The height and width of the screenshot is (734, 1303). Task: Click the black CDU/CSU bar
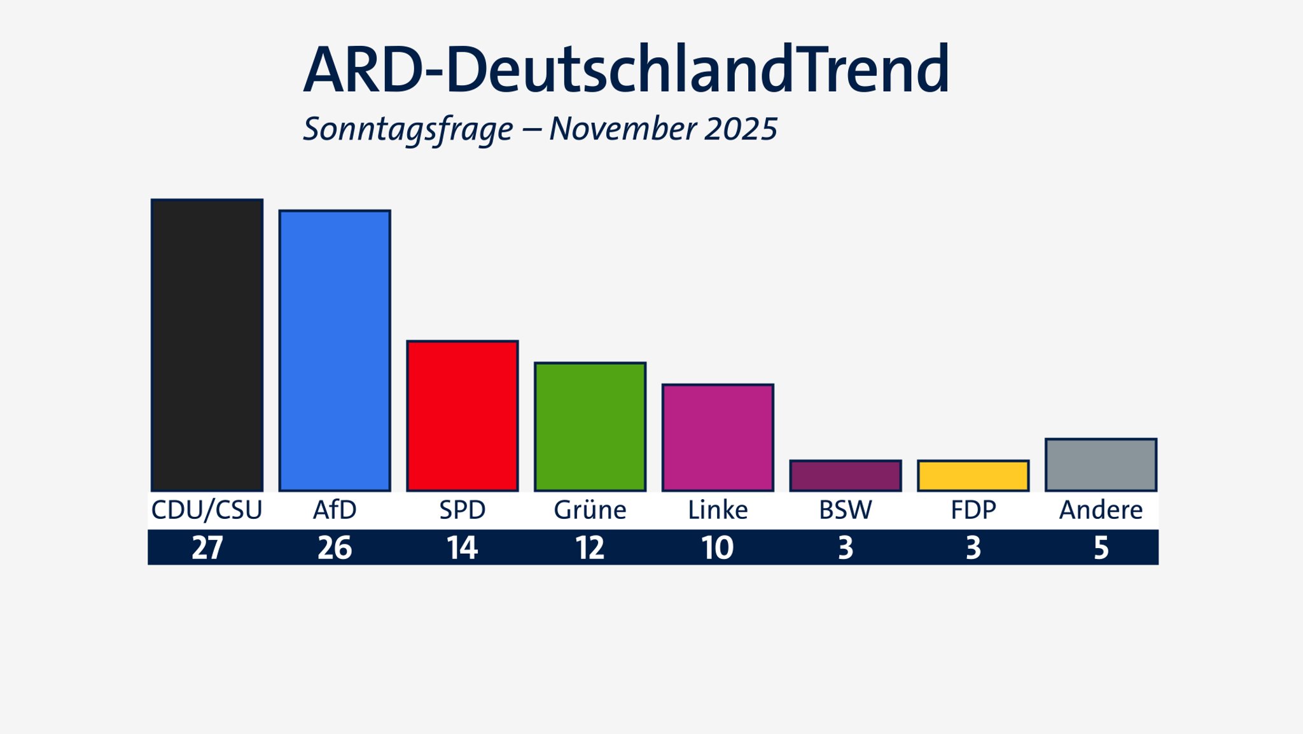coord(207,345)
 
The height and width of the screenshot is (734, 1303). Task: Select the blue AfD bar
coord(335,350)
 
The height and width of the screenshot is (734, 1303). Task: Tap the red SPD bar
coord(463,416)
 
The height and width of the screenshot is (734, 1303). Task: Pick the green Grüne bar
coord(590,427)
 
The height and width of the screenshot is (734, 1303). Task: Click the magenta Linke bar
coord(718,437)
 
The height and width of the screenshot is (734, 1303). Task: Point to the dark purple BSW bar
coord(846,476)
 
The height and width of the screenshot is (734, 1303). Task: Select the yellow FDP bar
coord(973,476)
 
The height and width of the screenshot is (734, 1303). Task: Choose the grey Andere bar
coord(1101,465)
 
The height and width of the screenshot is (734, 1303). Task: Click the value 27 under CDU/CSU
coord(207,547)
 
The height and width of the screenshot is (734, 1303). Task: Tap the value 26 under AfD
coord(335,547)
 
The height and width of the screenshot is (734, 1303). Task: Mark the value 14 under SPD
coord(463,547)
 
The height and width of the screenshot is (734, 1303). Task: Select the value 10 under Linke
coord(718,547)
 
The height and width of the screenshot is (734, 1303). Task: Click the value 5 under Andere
coord(1101,547)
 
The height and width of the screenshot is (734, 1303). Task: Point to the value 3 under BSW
coord(846,547)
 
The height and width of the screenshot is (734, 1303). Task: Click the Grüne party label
coord(590,510)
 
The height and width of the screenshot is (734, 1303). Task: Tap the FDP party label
coord(973,510)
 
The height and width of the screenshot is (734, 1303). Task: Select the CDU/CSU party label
coord(207,510)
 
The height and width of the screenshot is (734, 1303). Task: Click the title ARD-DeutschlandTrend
coord(626,70)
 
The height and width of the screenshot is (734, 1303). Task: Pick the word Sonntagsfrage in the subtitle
coord(408,129)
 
